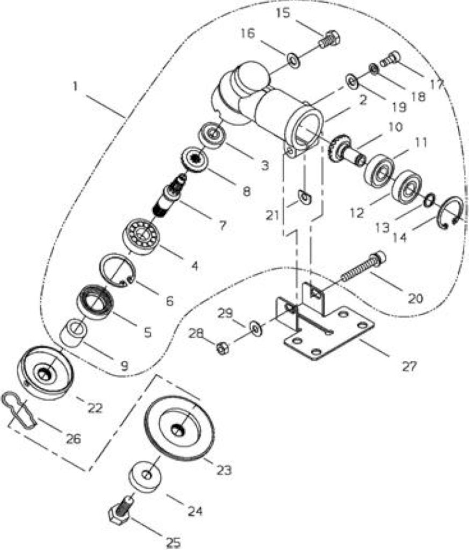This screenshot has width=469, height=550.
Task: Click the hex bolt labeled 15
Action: point(329,40)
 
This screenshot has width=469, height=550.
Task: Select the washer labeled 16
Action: point(293,60)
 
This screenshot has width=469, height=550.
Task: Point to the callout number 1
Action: point(75,86)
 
